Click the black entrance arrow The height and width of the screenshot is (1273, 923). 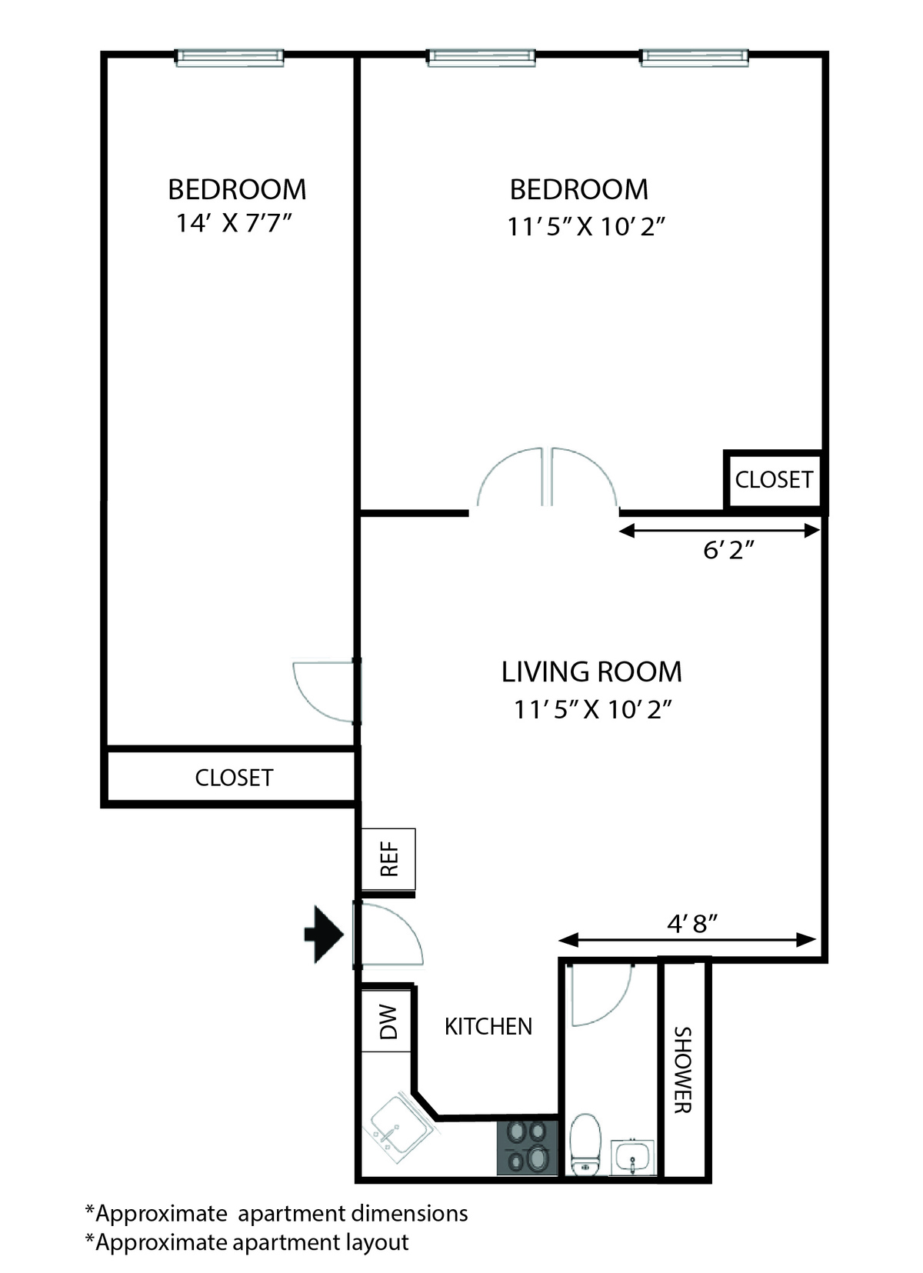325,935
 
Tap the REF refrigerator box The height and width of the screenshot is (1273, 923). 388,858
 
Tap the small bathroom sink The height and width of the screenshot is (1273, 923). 632,1157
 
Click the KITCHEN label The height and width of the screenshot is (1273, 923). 488,1027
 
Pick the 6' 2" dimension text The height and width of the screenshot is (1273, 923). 728,550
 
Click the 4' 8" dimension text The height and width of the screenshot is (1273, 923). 693,925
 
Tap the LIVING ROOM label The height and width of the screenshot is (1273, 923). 591,671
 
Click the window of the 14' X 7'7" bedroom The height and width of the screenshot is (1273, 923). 230,58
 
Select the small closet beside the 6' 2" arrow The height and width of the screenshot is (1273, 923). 774,480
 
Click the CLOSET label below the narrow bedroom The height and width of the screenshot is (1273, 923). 234,778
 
